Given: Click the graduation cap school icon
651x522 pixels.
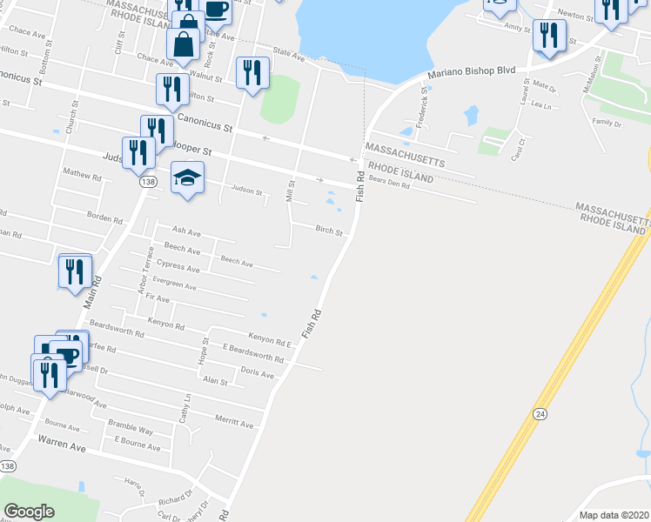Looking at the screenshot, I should [186, 178].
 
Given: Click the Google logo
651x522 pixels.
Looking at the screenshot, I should [29, 512].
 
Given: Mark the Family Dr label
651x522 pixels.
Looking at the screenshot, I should [607, 123].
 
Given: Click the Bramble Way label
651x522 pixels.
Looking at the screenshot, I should [131, 431].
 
